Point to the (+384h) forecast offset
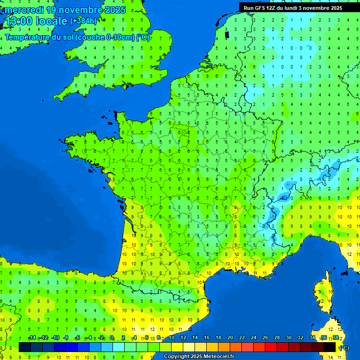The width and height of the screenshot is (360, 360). tap(83, 21)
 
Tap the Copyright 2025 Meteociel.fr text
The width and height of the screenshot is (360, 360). tap(199, 356)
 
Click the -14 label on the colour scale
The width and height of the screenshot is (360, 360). tap(32, 338)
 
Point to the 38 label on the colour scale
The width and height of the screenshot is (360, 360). tap(336, 338)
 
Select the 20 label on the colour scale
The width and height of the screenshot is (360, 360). tap(230, 338)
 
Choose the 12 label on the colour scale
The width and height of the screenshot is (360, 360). tap(183, 338)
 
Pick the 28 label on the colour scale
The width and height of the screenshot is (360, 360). tap(277, 338)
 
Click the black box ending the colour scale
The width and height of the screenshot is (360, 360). tap(330, 347)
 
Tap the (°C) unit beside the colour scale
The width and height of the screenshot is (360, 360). tap(345, 348)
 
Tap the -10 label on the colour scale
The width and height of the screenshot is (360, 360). tap(55, 338)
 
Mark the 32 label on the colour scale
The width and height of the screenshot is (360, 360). tap(300, 338)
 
